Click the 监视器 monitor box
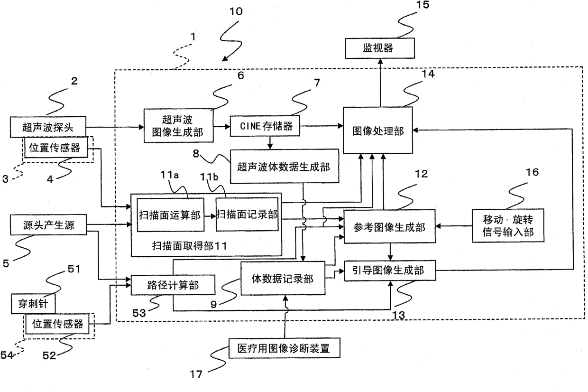pos(379,48)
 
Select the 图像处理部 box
pos(378,131)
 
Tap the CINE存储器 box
pos(265,126)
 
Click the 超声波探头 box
pos(48,127)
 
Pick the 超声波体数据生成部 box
pos(285,166)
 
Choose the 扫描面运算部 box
pos(170,215)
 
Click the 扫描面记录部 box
pos(247,215)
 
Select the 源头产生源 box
pos(48,224)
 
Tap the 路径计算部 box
pos(173,285)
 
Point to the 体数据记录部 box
pos(283,278)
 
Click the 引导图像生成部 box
pos(390,271)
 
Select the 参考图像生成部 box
pos(390,226)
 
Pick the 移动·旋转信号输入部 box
pos(508,226)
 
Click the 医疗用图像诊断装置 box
pos(285,348)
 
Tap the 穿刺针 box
pos(33,304)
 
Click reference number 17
pos(196,374)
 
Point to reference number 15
pos(423,4)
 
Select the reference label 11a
pos(170,175)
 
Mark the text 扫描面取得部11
pos(190,246)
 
